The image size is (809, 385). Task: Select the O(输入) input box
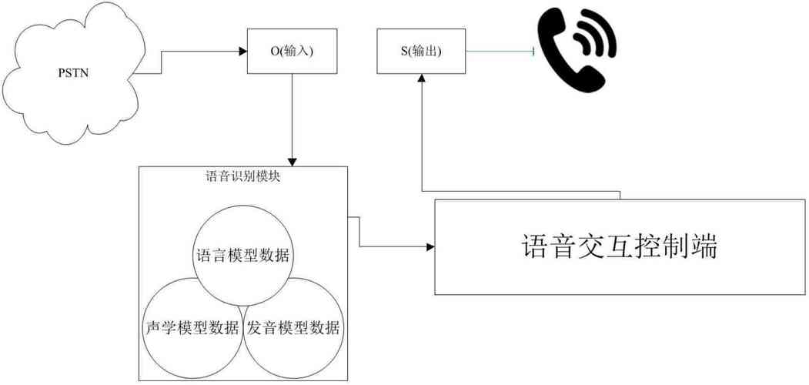click(x=293, y=52)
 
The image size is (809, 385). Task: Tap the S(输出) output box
click(x=421, y=52)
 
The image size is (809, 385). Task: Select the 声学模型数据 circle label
click(x=192, y=327)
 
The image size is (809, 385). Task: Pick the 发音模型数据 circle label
click(x=293, y=327)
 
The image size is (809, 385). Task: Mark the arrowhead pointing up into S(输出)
click(x=422, y=78)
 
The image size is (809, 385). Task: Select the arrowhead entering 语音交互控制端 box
click(x=430, y=247)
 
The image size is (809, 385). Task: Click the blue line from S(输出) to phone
click(x=500, y=52)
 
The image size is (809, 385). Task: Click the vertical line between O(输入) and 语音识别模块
click(x=293, y=115)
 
